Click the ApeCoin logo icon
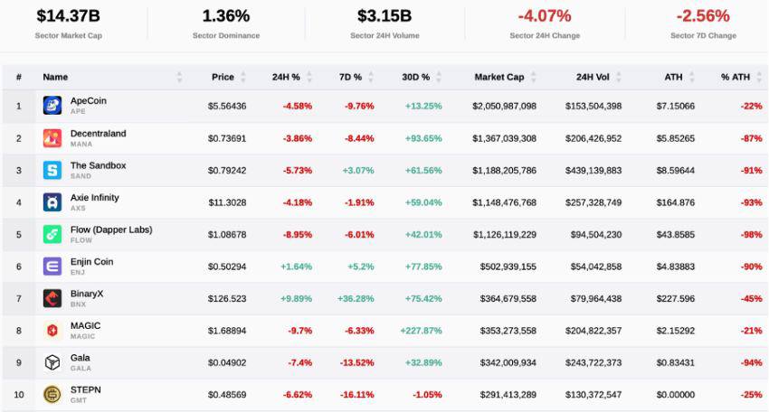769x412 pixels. (52, 106)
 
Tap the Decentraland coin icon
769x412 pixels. (52, 138)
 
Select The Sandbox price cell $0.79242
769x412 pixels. (227, 171)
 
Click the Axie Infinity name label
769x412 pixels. (95, 198)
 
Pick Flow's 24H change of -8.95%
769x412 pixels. (298, 235)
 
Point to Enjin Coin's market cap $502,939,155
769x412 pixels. (508, 267)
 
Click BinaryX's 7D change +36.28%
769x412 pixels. (356, 298)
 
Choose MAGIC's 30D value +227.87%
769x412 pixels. (421, 331)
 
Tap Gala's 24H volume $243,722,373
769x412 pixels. (593, 362)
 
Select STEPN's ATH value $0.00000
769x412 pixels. (676, 395)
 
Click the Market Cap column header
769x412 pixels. (499, 77)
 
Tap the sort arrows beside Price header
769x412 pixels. (242, 77)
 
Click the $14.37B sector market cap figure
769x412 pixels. (68, 16)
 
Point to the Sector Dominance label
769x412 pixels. (226, 35)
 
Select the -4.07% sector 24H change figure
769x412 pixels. (545, 16)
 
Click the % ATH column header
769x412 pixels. (736, 77)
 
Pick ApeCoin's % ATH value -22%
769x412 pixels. (751, 106)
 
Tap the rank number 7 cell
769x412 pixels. (19, 298)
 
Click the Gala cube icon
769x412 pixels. (52, 362)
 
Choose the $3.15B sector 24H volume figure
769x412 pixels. (384, 16)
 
